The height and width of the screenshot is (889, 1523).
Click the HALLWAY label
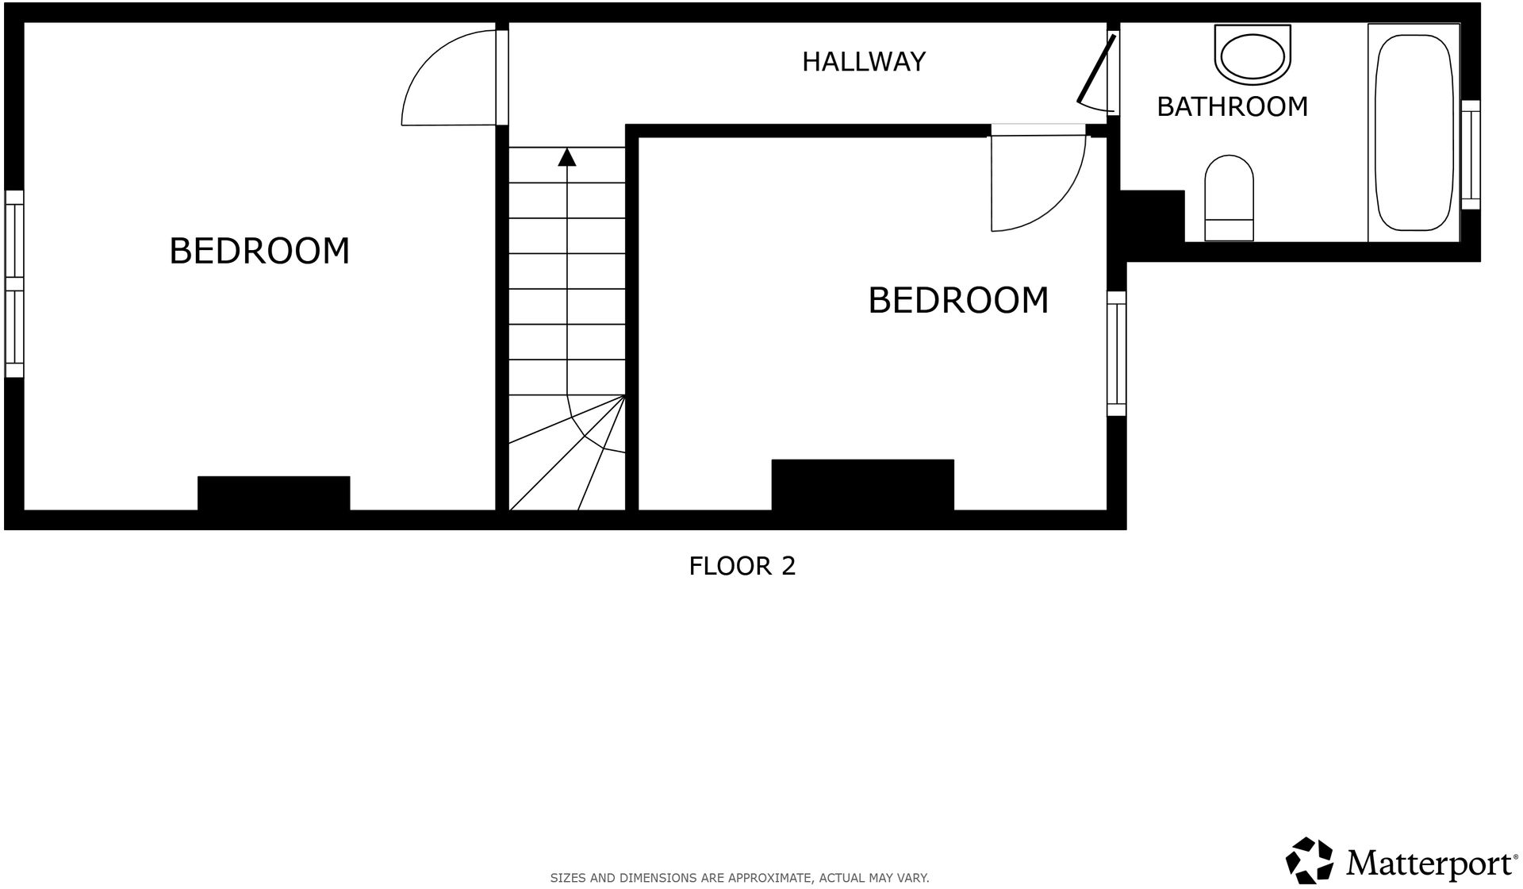point(863,62)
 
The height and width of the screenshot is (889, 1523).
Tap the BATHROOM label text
point(1232,106)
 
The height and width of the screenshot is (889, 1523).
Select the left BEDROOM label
point(259,251)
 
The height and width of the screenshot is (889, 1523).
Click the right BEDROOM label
point(958,300)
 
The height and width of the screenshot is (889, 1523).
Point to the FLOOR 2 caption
point(742,566)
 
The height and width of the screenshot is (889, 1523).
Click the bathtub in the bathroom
point(1414,133)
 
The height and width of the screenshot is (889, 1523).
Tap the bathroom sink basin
point(1253,56)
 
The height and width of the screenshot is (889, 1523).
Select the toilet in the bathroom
point(1229,198)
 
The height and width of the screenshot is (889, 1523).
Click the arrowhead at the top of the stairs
point(566,157)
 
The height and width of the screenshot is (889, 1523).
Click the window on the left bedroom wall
point(14,283)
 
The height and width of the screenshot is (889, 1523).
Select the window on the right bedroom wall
point(1116,353)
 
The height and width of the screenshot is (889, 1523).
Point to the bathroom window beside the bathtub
point(1470,155)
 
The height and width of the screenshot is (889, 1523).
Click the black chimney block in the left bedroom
point(274,493)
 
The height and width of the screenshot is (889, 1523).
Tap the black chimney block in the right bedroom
point(862,485)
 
